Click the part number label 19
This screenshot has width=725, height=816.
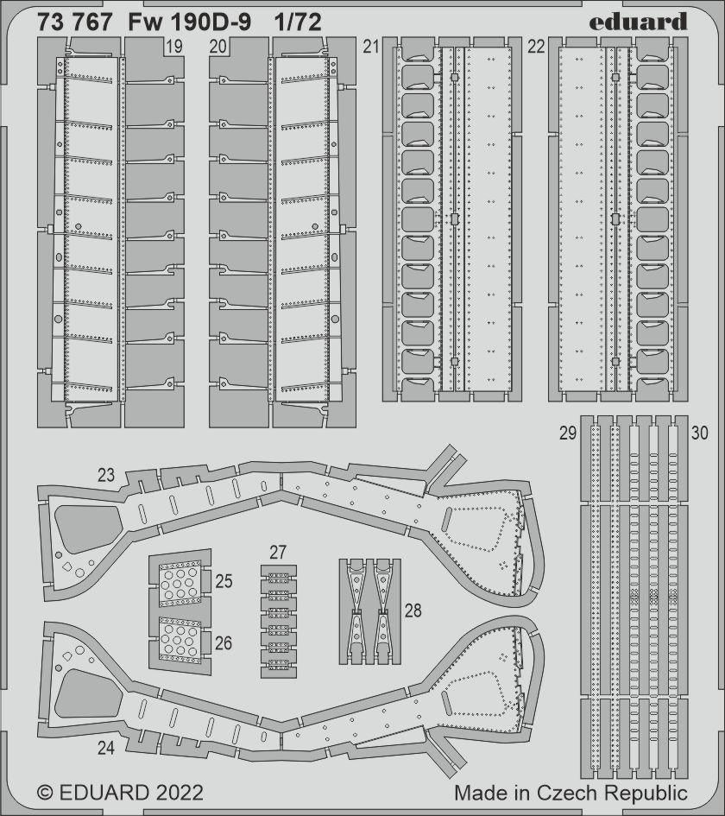tap(173, 47)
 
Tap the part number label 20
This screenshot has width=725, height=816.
tap(218, 47)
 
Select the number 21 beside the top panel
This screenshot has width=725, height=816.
tap(371, 47)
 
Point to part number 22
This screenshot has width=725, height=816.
tap(536, 47)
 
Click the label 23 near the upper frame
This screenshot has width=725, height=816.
tap(106, 475)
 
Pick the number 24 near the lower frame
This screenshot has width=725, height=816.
tap(106, 748)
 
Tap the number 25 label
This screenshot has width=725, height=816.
tap(224, 581)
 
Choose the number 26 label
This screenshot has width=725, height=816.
tap(224, 643)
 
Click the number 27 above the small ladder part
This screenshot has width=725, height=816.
tap(278, 552)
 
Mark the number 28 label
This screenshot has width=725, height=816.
tap(413, 610)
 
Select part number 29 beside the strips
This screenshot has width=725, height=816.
tap(567, 433)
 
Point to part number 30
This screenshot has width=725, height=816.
tap(700, 433)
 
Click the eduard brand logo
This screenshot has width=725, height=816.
tap(639, 22)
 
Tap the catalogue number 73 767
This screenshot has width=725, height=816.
tap(74, 22)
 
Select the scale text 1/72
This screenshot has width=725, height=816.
tap(299, 22)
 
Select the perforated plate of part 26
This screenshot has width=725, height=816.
tap(180, 640)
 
